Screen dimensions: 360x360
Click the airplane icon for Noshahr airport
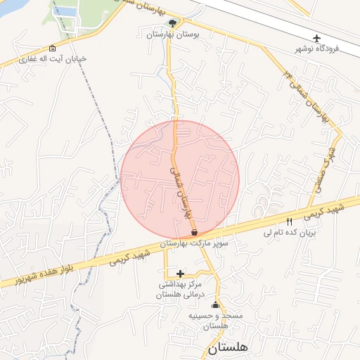click(317, 37)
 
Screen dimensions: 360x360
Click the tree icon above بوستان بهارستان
click(173, 23)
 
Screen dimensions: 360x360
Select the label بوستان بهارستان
click(173, 34)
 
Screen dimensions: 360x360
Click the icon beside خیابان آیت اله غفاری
click(53, 49)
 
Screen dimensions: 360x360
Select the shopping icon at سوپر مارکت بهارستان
click(193, 232)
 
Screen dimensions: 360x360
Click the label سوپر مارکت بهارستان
click(204, 243)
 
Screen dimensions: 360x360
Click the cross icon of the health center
click(181, 274)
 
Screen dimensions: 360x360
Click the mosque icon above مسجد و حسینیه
click(215, 305)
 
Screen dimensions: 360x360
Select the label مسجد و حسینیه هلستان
click(215, 321)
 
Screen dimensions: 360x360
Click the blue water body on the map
click(64, 13)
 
